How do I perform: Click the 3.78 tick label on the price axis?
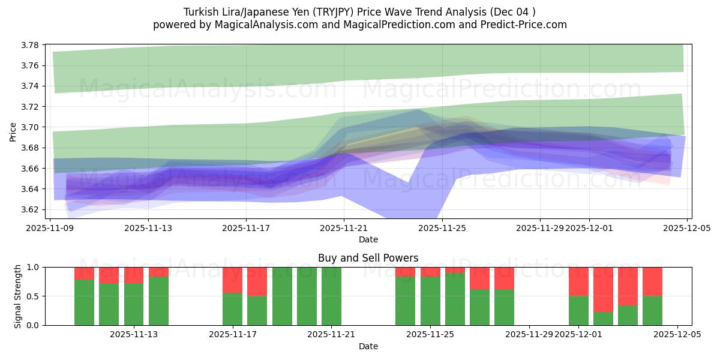(x=31, y=45)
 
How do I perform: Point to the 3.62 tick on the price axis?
(x=31, y=209)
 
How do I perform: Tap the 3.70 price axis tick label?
(x=31, y=127)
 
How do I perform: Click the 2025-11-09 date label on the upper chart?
(x=50, y=228)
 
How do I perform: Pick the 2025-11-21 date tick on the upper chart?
(x=344, y=228)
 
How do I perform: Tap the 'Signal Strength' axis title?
(x=18, y=296)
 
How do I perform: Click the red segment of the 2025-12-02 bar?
(x=603, y=289)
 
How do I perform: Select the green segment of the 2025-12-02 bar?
(x=603, y=319)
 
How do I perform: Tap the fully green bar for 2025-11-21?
(x=331, y=296)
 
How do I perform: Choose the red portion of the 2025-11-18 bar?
(x=257, y=281)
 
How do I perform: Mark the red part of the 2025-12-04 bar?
(x=652, y=281)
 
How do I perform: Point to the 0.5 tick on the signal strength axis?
(x=32, y=296)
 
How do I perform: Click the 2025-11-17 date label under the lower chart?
(x=232, y=334)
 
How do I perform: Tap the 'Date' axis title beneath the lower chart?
(x=368, y=346)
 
